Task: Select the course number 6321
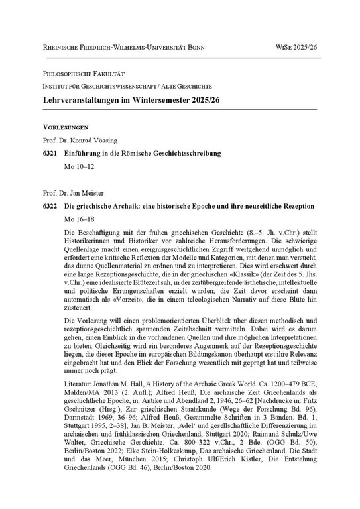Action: [x=50, y=154]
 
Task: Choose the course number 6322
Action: [x=50, y=207]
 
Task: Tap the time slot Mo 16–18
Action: [x=79, y=219]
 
